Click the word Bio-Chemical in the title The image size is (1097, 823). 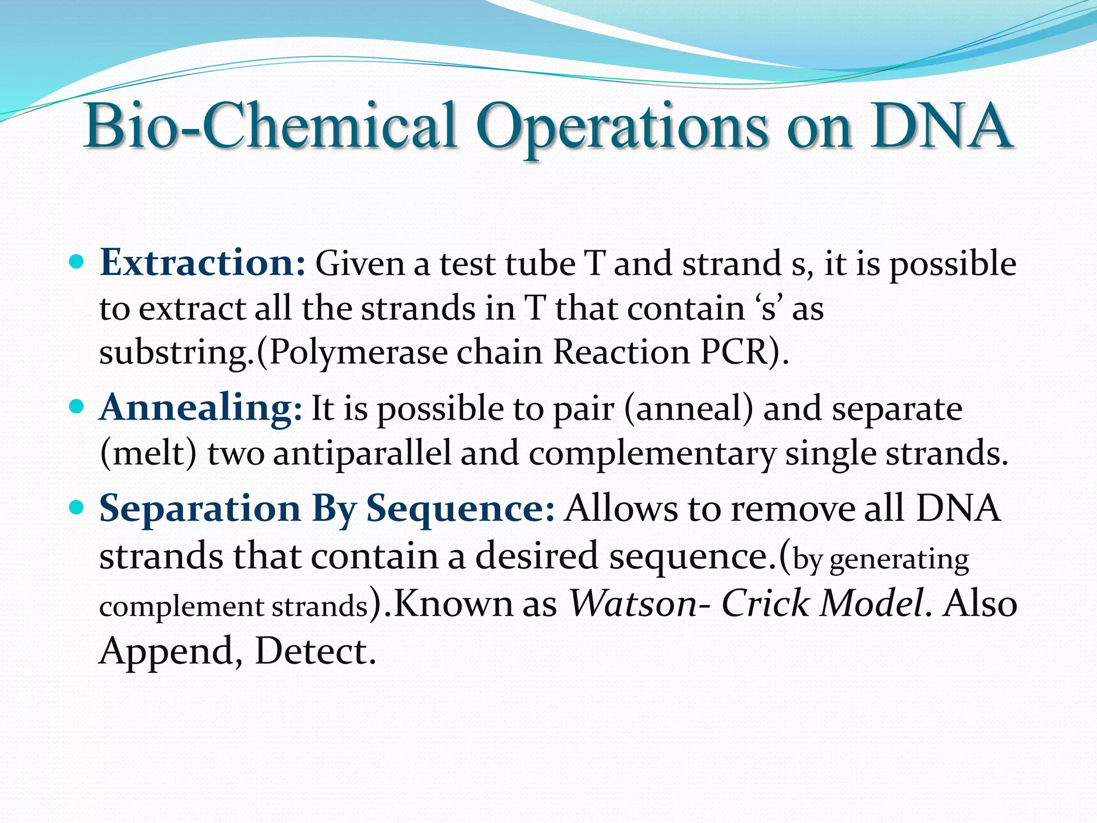(271, 126)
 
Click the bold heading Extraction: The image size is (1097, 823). (202, 263)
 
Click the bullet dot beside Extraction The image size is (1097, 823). (78, 262)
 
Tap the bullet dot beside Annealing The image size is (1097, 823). (78, 407)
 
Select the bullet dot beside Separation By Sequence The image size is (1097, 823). (78, 507)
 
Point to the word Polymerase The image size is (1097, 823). (358, 354)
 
